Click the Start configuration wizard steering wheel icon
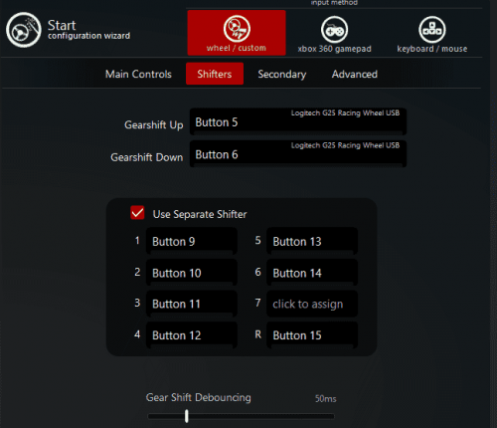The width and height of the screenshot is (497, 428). pos(24,30)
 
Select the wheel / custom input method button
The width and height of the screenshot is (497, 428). pos(237,33)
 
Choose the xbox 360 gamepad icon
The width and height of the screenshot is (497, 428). pos(334,30)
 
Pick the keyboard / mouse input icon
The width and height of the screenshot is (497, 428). pos(432,30)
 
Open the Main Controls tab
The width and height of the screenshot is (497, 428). pos(138,74)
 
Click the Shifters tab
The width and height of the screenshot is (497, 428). pos(215,74)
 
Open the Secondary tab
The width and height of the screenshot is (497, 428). pos(282,75)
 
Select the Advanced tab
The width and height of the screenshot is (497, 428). pos(355,74)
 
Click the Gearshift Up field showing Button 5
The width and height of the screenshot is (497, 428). pos(298,121)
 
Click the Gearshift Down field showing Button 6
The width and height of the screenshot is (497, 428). pos(298,154)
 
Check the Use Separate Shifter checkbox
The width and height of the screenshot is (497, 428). pos(137,213)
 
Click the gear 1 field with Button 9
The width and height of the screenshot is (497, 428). pos(192,241)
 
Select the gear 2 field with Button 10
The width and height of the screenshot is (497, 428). pos(192,273)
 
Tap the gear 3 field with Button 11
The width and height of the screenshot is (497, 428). pos(192,304)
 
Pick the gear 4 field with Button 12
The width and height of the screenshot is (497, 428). pos(192,335)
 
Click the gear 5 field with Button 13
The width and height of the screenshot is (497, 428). pos(312,241)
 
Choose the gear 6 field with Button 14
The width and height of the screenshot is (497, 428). pos(312,273)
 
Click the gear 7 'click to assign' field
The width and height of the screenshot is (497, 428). pos(312,304)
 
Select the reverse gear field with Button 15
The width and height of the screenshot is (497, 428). pos(312,335)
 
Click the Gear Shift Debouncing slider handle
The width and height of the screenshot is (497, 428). pos(187,416)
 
